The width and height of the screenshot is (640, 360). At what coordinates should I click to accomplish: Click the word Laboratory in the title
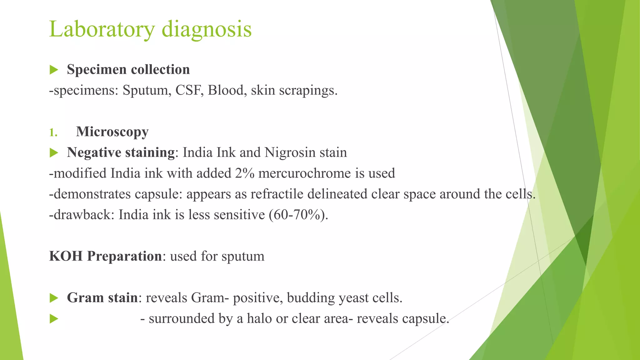pos(102,29)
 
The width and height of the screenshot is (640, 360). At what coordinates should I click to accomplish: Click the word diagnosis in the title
pos(207,29)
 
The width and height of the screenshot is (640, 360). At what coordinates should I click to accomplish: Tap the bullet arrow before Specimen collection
pos(54,70)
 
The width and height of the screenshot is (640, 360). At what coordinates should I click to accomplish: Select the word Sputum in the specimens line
pos(147,91)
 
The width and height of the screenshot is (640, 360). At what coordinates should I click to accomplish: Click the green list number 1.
pos(53,132)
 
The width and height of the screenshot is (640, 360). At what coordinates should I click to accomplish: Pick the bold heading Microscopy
pos(112,132)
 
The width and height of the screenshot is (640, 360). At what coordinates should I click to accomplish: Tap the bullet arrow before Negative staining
pos(54,153)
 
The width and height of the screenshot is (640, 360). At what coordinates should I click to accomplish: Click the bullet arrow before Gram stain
pos(54,298)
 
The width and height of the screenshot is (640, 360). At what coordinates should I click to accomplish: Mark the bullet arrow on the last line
pos(54,319)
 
